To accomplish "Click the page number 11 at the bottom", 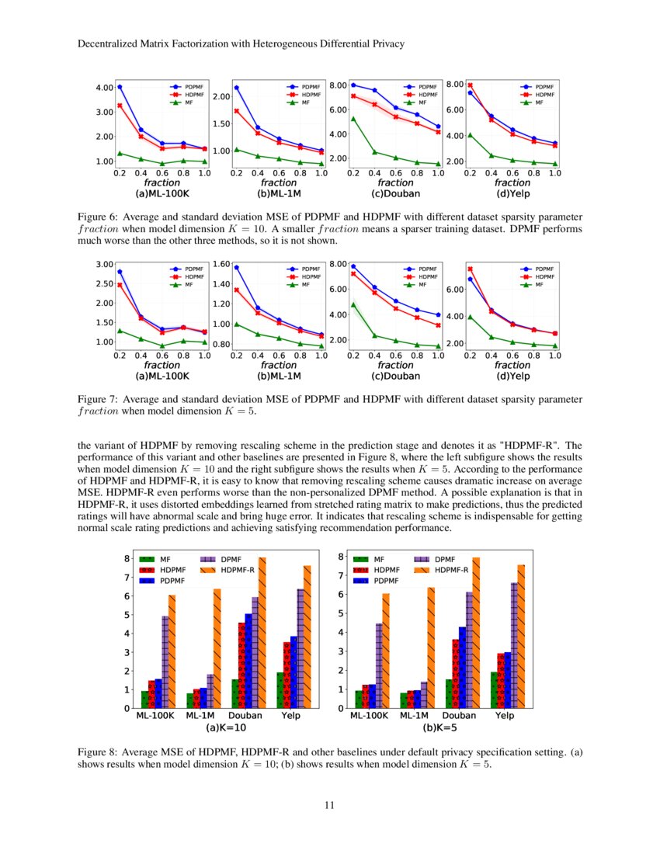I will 329,805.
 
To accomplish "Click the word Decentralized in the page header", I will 109,44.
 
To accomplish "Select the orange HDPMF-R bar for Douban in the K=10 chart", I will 262,633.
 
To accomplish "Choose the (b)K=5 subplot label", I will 439,728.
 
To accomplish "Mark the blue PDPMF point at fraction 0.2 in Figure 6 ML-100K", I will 120,87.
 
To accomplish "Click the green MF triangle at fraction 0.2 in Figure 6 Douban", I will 353,119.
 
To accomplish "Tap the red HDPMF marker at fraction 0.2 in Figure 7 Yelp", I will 470,269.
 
